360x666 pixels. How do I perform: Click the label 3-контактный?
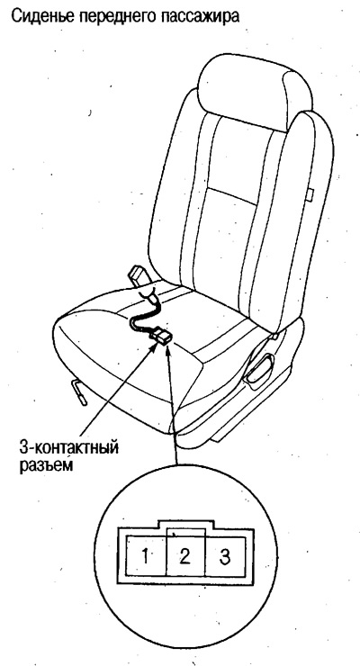pos(68,448)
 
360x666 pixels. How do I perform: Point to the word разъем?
pos(46,465)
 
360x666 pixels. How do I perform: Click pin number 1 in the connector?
pos(146,556)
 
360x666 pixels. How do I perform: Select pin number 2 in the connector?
pos(184,556)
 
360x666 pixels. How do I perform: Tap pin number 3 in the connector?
pos(225,556)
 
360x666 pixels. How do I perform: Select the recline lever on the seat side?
pos(260,369)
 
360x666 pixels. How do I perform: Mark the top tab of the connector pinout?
pos(184,524)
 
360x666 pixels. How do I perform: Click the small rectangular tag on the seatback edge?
pos(310,193)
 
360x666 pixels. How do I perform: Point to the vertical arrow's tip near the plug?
pos(168,346)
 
